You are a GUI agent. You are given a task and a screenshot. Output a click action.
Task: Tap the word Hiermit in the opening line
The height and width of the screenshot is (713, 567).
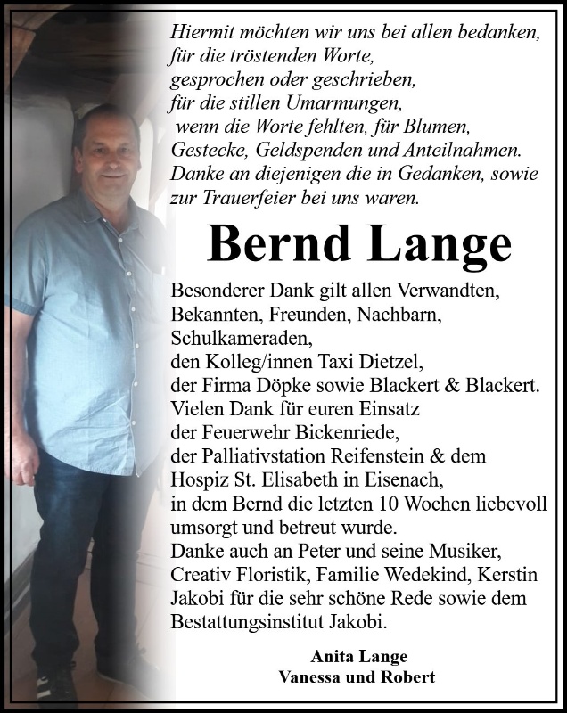pos(201,32)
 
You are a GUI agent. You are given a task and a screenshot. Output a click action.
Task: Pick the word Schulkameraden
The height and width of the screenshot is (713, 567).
pos(234,338)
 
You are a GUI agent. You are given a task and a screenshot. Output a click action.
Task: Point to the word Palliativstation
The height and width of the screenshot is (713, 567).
pos(254,455)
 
